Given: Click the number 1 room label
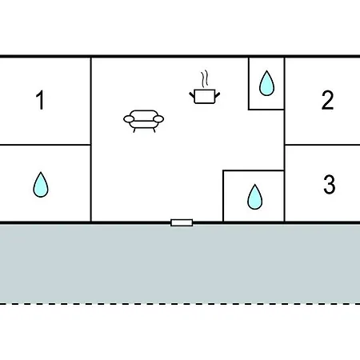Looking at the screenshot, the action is [x=40, y=100].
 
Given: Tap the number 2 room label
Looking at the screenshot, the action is [x=327, y=100].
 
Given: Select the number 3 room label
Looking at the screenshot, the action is [x=330, y=184].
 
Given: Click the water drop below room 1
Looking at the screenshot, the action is [x=41, y=185].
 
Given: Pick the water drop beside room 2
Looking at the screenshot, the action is [x=266, y=83].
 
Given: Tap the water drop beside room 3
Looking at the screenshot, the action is [x=255, y=197].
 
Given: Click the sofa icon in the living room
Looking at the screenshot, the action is [x=143, y=121].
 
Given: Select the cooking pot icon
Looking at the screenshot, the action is [x=205, y=97].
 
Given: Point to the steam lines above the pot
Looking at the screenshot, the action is [x=205, y=79].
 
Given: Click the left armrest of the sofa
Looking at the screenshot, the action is [x=129, y=119].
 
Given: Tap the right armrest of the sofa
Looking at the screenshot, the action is [x=158, y=119].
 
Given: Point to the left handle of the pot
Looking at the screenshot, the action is [x=192, y=94].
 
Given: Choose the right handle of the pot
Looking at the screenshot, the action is [x=218, y=94].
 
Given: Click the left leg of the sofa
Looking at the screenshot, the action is [x=134, y=130].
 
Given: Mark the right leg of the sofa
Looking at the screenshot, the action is [x=154, y=130].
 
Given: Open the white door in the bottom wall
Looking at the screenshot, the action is [x=182, y=222].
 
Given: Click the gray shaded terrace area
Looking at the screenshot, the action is [x=180, y=263].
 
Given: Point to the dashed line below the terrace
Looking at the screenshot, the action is [x=180, y=303].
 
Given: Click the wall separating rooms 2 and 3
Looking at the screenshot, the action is [x=322, y=145].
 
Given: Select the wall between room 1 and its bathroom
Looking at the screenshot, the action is [x=46, y=145].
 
